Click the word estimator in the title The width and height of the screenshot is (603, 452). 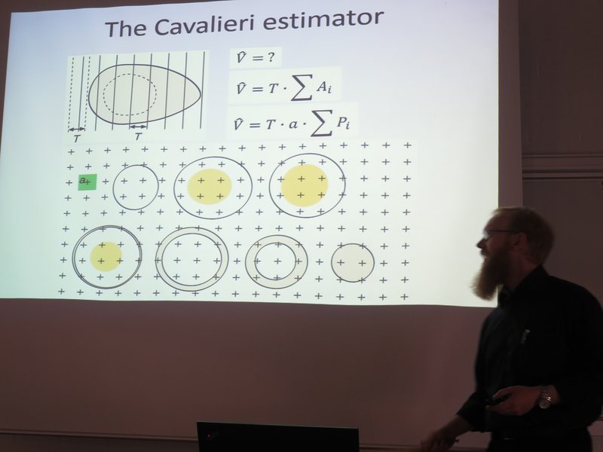coord(323,20)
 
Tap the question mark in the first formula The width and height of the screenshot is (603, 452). coord(271,57)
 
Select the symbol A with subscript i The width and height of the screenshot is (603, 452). coord(324,87)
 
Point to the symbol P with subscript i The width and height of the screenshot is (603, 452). coord(343,122)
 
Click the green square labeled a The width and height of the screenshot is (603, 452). coord(87,182)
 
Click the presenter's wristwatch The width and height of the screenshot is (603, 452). coord(544,399)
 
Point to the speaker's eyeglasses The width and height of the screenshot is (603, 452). coord(496,233)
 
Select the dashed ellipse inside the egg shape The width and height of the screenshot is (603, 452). coord(130,94)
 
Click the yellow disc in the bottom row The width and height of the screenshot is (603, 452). coord(106,256)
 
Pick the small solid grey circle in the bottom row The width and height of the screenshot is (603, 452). coord(353,262)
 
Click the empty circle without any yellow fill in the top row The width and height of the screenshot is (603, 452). coord(113,187)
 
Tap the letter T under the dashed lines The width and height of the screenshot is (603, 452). coord(77,139)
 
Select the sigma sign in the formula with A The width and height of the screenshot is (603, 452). coord(301,88)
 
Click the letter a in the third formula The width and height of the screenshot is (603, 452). coord(292,124)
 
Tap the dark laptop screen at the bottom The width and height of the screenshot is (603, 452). coord(277,437)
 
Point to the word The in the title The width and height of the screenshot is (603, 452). coord(125,29)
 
